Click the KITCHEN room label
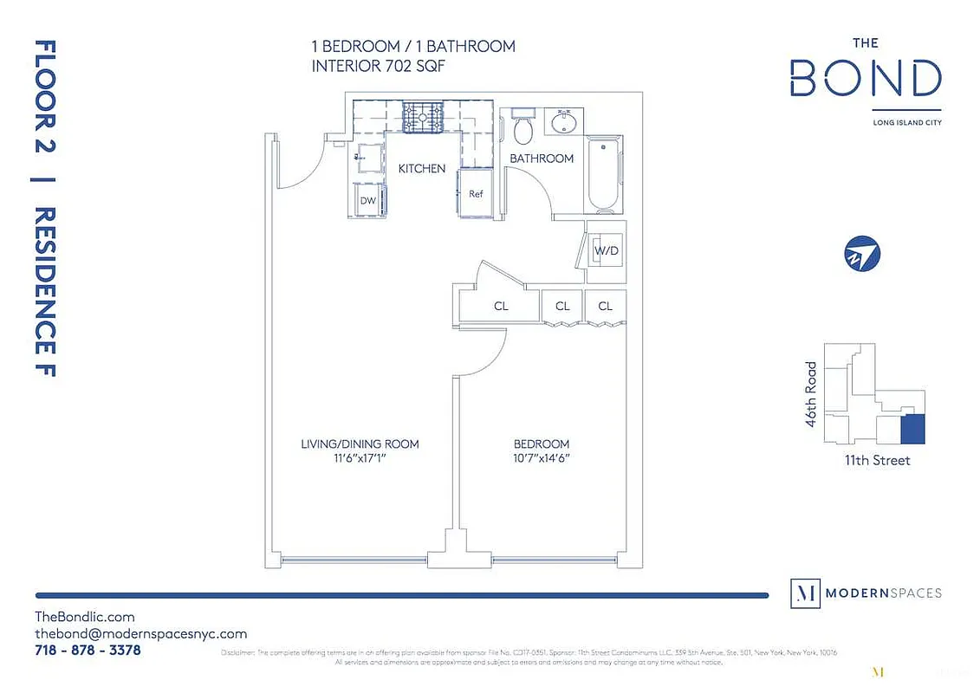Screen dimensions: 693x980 click(x=421, y=168)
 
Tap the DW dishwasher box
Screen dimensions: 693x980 click(x=368, y=200)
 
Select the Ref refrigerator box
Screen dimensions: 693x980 click(x=476, y=194)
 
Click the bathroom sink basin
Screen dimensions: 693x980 click(x=563, y=122)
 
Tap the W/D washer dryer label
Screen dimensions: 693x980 click(x=605, y=250)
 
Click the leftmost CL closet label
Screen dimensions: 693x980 click(x=501, y=306)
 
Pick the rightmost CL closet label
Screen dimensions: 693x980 click(x=605, y=306)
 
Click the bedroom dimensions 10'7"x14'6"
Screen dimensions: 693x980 click(x=541, y=458)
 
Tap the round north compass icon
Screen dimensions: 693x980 click(x=862, y=254)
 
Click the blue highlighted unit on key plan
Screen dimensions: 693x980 click(x=912, y=428)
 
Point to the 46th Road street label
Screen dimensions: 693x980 click(x=811, y=389)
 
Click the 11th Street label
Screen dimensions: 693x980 click(x=877, y=460)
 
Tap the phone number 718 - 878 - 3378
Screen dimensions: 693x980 click(x=88, y=650)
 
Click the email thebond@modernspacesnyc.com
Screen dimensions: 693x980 click(x=141, y=633)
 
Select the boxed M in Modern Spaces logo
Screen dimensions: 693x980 click(x=806, y=593)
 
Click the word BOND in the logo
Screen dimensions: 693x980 click(x=865, y=79)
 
